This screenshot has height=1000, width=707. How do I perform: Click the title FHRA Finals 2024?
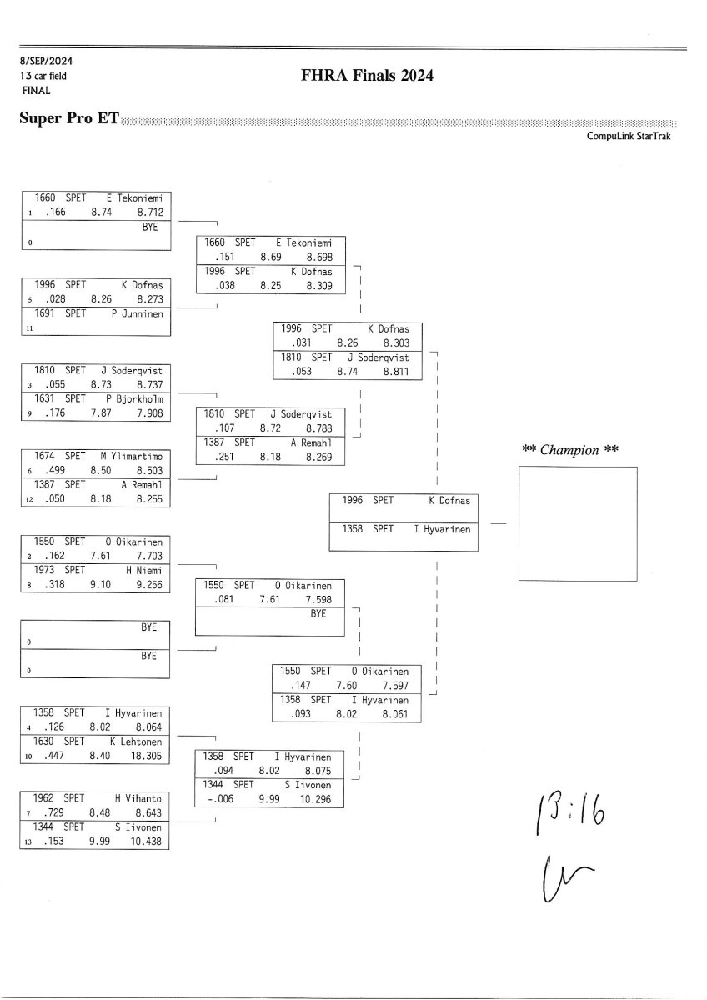[x=368, y=76]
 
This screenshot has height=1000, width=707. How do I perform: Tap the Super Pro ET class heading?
[x=68, y=118]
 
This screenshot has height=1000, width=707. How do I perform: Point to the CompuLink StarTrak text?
[x=629, y=136]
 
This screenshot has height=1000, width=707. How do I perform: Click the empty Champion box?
[x=579, y=522]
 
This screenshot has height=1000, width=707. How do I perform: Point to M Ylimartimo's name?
[x=133, y=456]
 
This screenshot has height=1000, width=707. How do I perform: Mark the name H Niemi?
[x=143, y=569]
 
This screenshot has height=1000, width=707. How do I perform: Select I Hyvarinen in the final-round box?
[x=442, y=529]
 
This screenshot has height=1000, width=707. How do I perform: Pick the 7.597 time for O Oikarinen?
[x=395, y=685]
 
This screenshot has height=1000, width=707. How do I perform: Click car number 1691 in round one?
[x=45, y=313]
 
